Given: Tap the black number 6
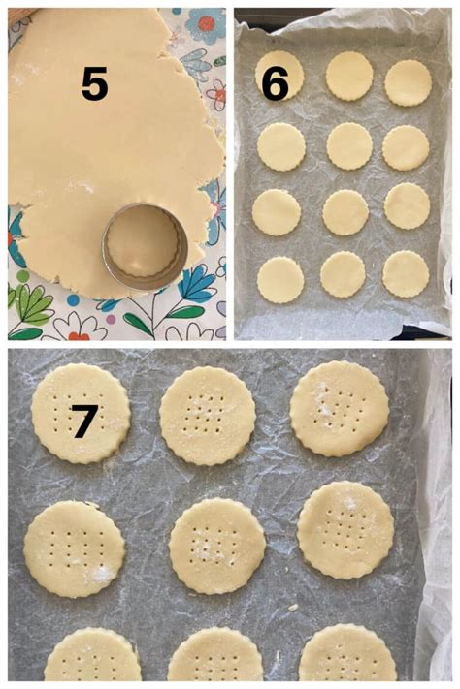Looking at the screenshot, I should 275,84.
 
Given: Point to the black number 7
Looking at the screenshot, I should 83,422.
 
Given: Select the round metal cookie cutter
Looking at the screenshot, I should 146,247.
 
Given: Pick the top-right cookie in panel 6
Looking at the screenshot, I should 408,82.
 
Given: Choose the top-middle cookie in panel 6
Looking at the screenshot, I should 349,76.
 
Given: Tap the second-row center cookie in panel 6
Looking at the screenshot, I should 349,145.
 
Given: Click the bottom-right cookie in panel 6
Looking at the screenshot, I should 406,274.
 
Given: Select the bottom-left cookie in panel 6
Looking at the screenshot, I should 280,279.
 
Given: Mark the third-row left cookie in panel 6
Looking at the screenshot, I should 277,212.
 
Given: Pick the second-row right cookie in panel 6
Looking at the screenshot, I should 406,147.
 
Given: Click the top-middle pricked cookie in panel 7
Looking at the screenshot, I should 208,416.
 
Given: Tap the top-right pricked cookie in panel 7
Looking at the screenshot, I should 340,408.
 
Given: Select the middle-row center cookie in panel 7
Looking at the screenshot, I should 216,546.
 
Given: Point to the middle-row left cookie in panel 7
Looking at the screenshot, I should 75,548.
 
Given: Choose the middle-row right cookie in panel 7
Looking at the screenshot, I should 345,530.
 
